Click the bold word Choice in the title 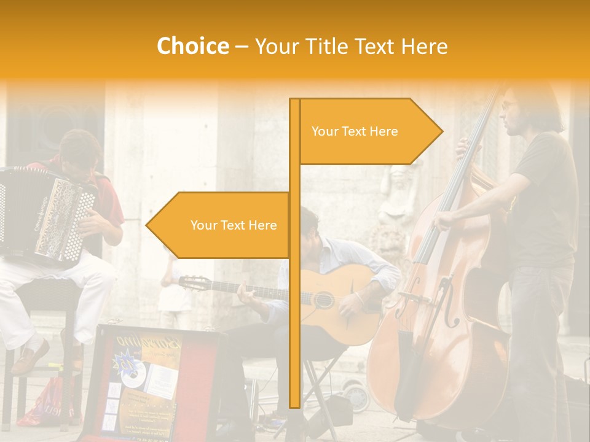(x=192, y=46)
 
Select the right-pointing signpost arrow (x=369, y=131)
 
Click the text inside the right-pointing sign (x=355, y=131)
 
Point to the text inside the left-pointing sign (x=234, y=225)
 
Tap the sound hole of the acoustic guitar (x=324, y=300)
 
